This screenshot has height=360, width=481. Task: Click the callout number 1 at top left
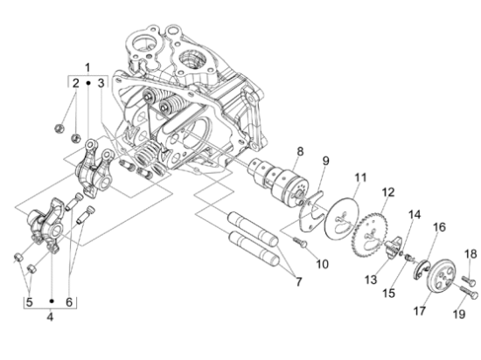tap(87, 67)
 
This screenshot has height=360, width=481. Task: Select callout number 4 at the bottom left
tap(50, 316)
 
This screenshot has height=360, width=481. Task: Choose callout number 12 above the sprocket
tap(388, 192)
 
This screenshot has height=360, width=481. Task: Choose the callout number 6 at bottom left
tap(70, 302)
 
